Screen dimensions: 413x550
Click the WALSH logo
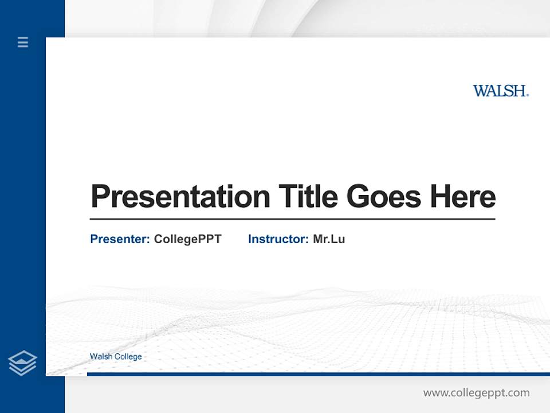(500, 91)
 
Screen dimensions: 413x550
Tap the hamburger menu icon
(23, 42)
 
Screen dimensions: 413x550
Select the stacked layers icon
(22, 363)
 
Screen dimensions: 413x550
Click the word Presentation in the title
(180, 197)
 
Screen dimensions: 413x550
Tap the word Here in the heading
(463, 197)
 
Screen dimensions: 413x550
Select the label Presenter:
(120, 239)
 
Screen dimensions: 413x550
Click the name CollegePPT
(187, 239)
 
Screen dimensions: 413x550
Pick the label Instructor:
(278, 239)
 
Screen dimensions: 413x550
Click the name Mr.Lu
(329, 239)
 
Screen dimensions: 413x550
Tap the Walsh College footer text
(116, 357)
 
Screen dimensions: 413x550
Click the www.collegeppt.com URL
(476, 393)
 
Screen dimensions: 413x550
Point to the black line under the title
(292, 219)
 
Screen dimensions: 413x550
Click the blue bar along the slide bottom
(318, 374)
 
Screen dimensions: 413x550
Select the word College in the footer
(128, 357)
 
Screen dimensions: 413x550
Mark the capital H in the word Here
(440, 197)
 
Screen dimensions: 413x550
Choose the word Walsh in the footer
(101, 357)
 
